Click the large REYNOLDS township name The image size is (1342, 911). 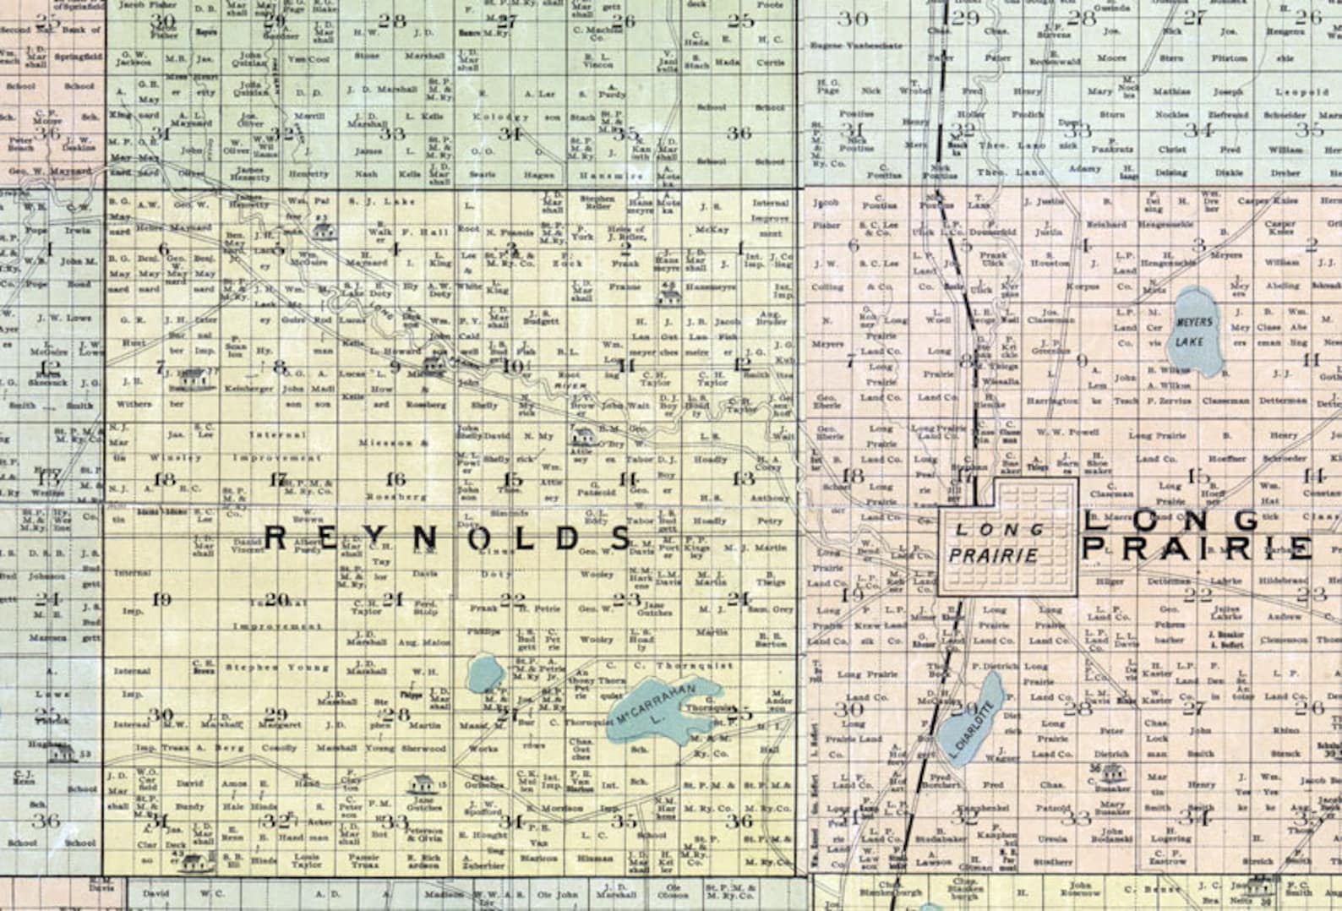click(448, 537)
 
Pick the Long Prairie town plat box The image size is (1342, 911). click(1009, 537)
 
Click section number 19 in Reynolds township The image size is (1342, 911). click(161, 599)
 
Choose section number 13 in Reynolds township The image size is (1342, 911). click(743, 479)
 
